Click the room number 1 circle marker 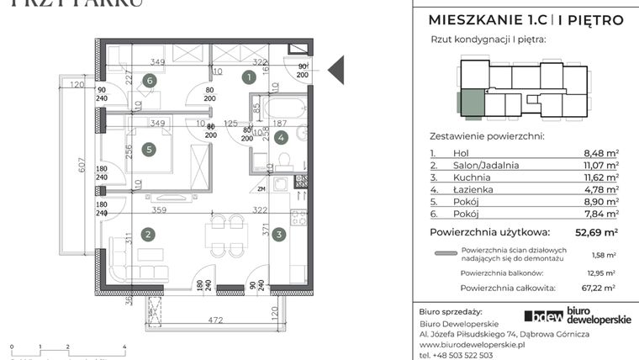(248, 78)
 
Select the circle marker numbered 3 (278, 235)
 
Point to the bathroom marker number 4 (281, 136)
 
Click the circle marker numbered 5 (149, 150)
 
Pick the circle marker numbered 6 (149, 81)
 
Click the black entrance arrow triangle (335, 70)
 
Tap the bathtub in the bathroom (283, 109)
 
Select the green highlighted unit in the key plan (471, 103)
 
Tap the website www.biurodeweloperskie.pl (472, 344)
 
